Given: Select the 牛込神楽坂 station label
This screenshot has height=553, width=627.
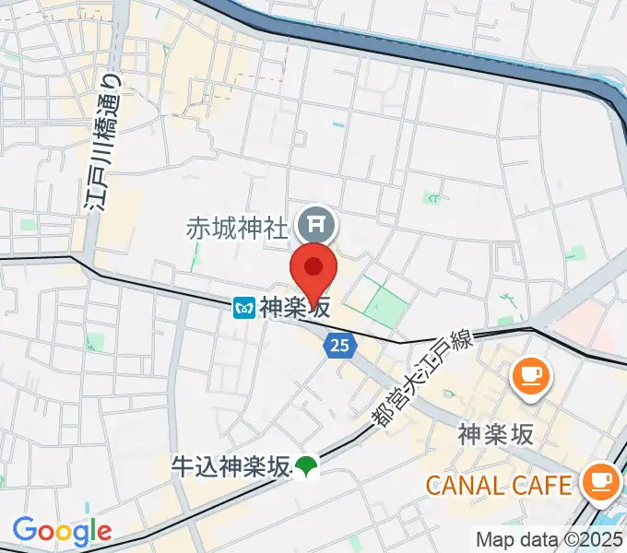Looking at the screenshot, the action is (x=231, y=466).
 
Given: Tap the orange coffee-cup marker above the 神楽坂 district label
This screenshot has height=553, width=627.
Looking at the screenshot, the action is (x=531, y=376).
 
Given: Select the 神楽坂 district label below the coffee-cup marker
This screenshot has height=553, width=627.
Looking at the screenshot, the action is (x=495, y=434).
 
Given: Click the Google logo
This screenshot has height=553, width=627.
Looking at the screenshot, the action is (x=61, y=532).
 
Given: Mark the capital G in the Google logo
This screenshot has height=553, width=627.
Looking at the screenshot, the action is (x=25, y=531).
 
